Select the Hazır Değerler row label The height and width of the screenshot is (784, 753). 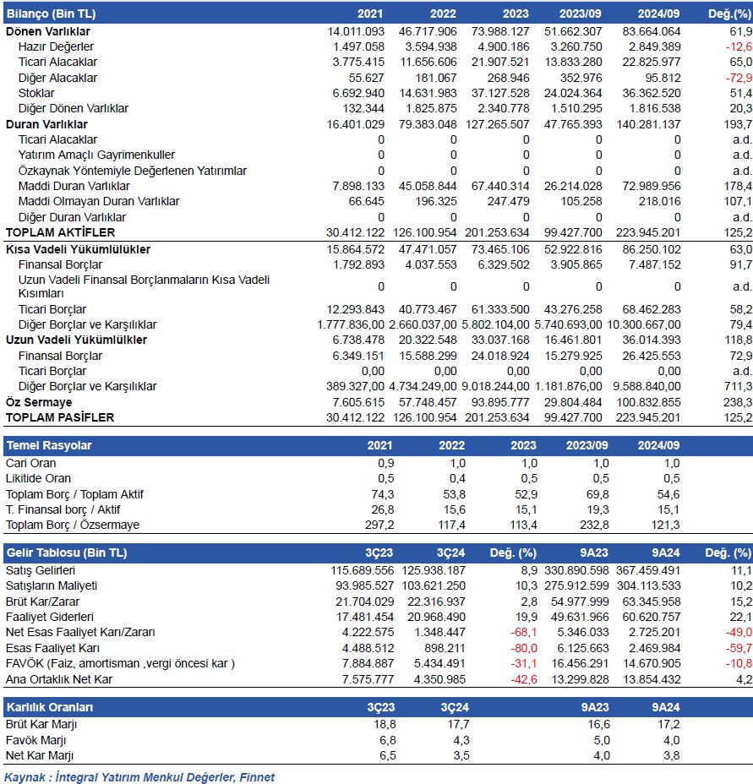(56, 46)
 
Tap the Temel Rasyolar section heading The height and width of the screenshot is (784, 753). (49, 445)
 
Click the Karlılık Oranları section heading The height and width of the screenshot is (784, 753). (51, 706)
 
